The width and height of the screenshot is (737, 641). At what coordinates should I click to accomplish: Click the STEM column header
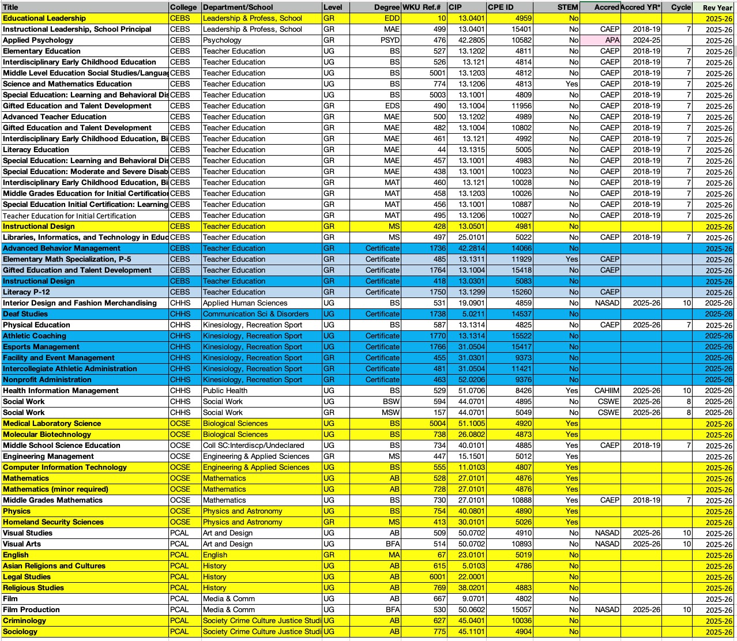[x=567, y=7]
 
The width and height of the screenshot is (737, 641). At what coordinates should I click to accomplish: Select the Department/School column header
[x=238, y=7]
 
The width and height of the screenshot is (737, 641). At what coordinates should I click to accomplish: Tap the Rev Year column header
[x=717, y=7]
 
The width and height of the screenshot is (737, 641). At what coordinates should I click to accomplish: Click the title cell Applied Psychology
[x=38, y=40]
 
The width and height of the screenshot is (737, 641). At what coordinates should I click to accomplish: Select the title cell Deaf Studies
[x=25, y=314]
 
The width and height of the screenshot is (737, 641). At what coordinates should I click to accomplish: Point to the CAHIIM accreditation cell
[x=607, y=391]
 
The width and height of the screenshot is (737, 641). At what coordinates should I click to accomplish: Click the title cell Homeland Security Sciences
[x=53, y=522]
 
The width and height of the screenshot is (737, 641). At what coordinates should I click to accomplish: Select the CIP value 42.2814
[x=471, y=248]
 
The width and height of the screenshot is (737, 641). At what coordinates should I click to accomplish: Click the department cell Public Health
[x=225, y=391]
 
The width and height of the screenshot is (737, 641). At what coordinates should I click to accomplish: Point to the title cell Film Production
[x=31, y=610]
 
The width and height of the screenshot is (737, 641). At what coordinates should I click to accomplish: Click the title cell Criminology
[x=24, y=621]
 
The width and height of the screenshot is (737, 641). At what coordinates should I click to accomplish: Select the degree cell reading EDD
[x=392, y=18]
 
